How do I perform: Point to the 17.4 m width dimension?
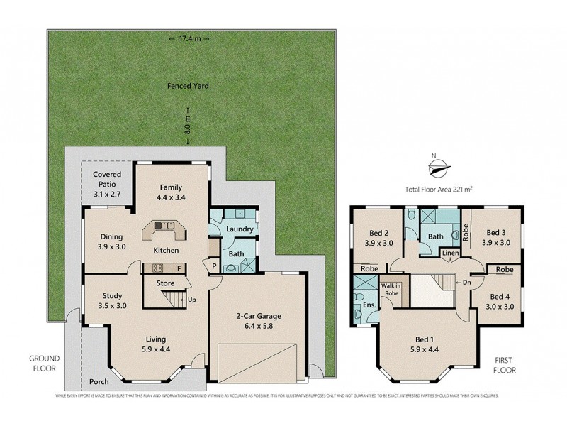tap(189, 38)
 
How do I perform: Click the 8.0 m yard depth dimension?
tap(188, 124)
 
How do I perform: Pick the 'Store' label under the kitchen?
tap(165, 283)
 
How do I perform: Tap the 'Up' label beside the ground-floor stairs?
tap(191, 300)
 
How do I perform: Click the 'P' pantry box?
tap(214, 266)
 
